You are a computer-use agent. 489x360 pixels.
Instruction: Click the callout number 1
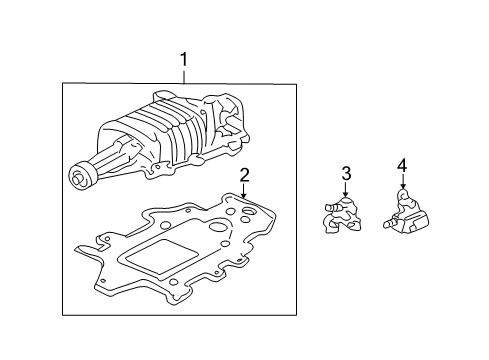[x=184, y=62]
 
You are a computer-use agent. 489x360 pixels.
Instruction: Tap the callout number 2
[x=244, y=176]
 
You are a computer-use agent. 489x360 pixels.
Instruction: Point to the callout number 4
[x=402, y=164]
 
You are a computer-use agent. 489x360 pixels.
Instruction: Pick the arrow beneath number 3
[x=346, y=192]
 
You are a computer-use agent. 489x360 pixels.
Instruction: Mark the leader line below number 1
[x=184, y=78]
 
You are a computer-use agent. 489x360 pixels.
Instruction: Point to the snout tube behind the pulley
[x=105, y=160]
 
